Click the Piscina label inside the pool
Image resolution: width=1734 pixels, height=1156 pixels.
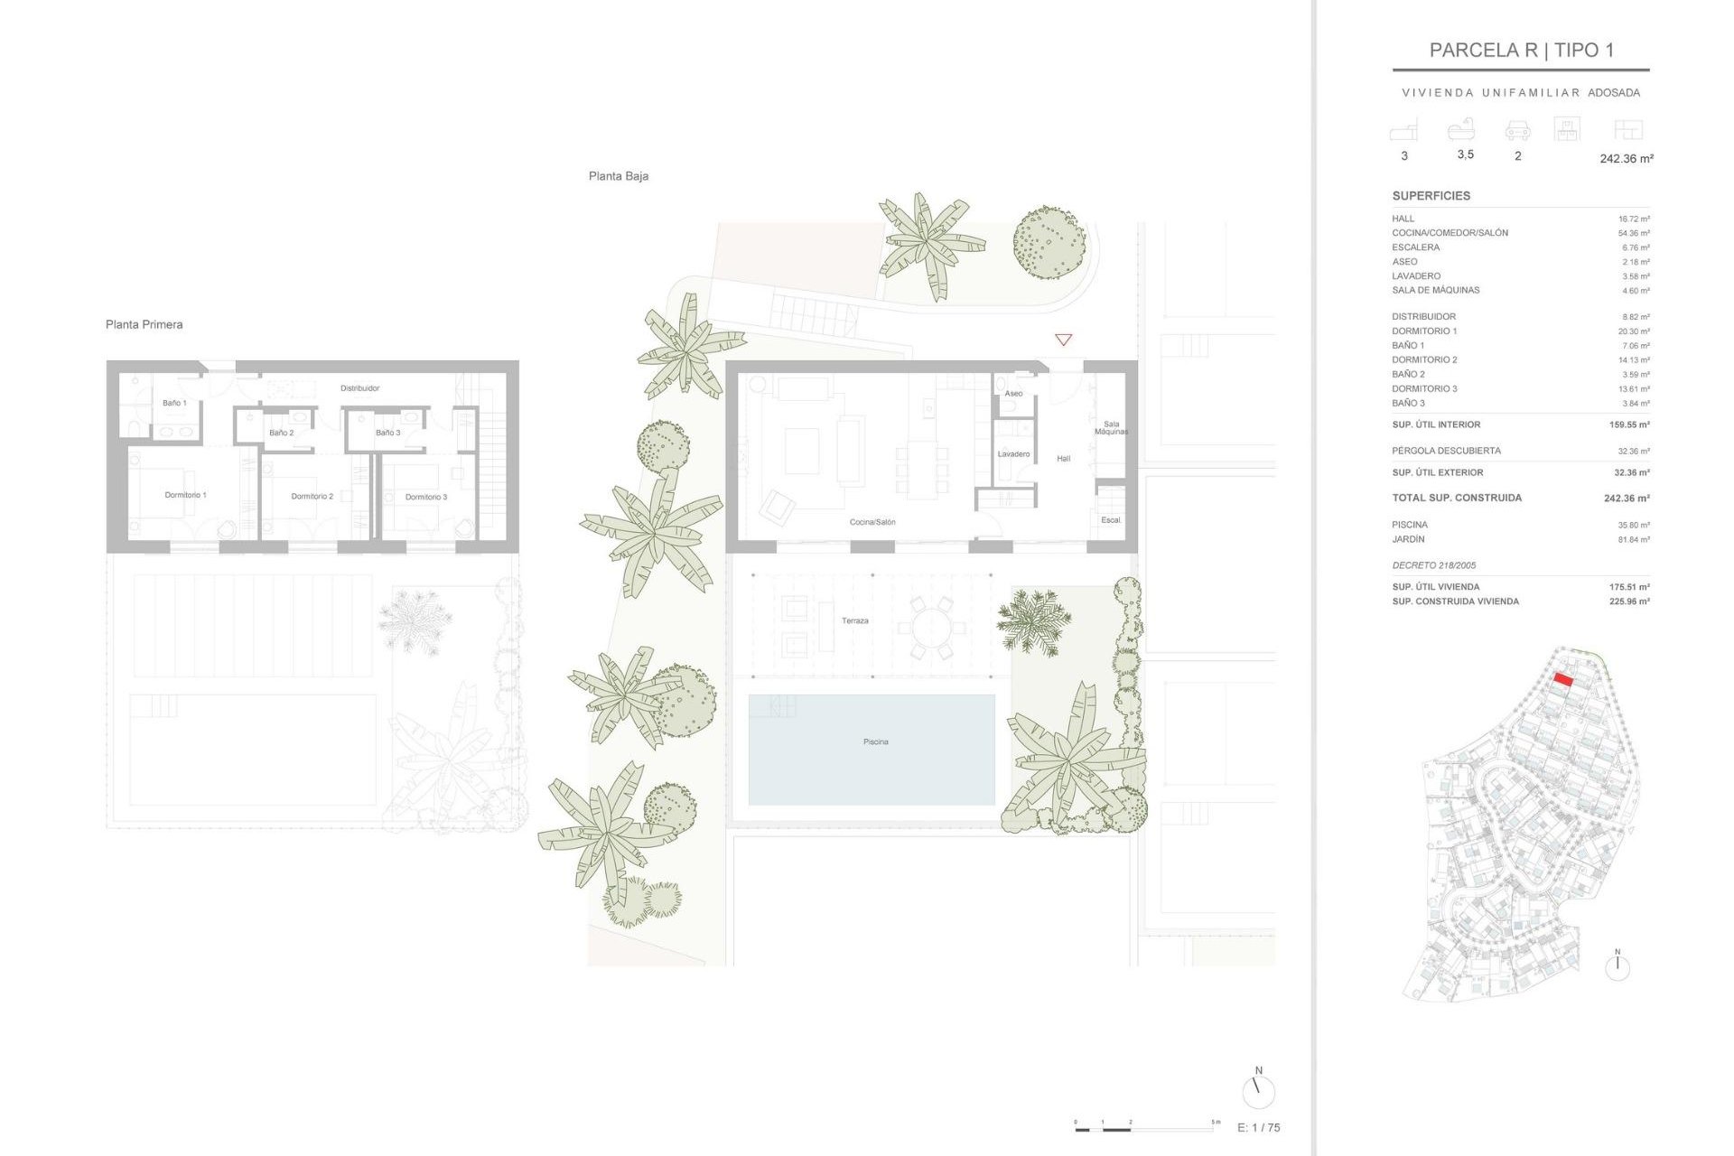[x=875, y=741]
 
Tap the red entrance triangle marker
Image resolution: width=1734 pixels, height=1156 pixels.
[x=1063, y=340]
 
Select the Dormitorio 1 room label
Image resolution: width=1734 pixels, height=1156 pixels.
[x=185, y=495]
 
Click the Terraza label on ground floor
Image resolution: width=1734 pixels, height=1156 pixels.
[x=854, y=620]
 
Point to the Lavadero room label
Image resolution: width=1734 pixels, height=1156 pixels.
[x=1013, y=454]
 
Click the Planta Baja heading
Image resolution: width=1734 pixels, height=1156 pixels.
[x=618, y=176]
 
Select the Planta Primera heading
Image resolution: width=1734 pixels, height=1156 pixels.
[x=144, y=324]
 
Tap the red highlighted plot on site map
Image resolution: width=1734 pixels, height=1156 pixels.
[x=1563, y=680]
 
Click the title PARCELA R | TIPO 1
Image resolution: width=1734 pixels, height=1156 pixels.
[x=1521, y=51]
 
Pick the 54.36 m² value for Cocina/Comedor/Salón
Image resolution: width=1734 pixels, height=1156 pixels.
[x=1633, y=233]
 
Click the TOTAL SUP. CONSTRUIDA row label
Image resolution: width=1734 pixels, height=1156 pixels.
[x=1456, y=498]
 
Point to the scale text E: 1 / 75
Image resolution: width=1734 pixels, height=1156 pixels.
[x=1258, y=1127]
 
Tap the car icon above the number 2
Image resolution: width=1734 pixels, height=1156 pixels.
[x=1517, y=131]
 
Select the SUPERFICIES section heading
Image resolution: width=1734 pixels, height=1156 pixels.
[x=1431, y=196]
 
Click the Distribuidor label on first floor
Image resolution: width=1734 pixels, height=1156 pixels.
[x=359, y=388]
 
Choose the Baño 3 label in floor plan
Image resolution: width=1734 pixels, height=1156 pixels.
[x=387, y=433]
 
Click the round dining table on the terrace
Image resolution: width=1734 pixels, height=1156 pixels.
[x=931, y=625]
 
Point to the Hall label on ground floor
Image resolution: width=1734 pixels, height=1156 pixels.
[x=1063, y=459]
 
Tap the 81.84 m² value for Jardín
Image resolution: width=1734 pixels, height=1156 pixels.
[x=1633, y=540]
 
